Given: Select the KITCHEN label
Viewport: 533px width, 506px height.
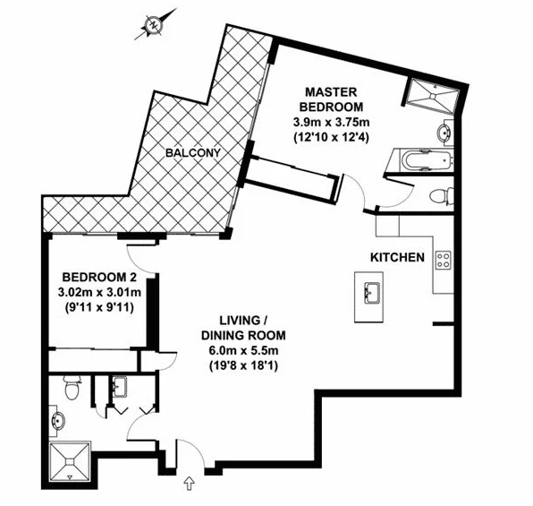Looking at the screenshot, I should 397,258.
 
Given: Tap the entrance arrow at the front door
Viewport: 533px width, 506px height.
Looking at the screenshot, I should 188,485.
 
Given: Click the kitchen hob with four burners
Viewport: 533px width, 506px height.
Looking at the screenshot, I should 442,260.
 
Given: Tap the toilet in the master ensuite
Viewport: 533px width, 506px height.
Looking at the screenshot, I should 441,196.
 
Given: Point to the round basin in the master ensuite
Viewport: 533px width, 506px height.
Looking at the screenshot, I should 444,133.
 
